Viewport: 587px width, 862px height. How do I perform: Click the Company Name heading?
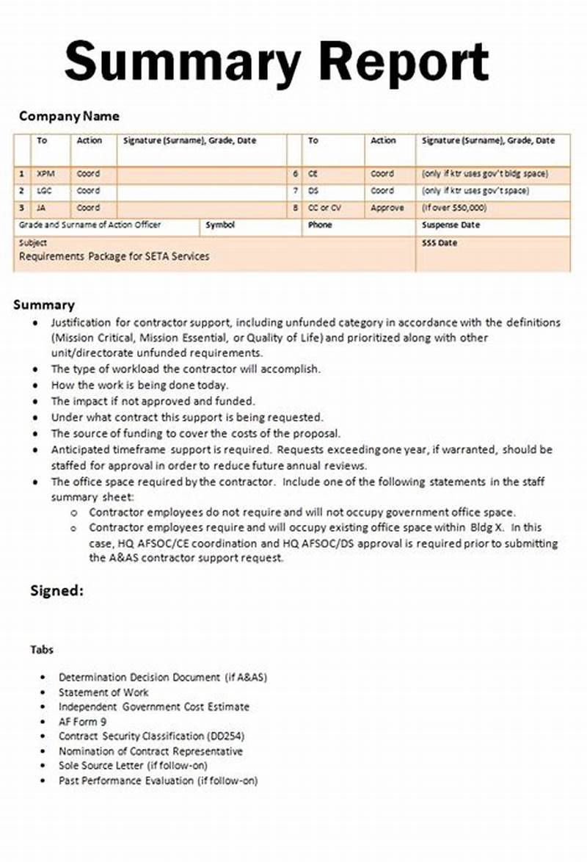pyautogui.click(x=69, y=116)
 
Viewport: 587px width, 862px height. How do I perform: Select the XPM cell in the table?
pyautogui.click(x=45, y=174)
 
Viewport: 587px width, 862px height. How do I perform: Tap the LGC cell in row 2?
pyautogui.click(x=45, y=191)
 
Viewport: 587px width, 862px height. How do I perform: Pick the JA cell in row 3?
pyautogui.click(x=42, y=208)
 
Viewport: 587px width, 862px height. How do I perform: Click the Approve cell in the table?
pyautogui.click(x=387, y=208)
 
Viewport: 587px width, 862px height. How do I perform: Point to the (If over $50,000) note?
pyautogui.click(x=453, y=208)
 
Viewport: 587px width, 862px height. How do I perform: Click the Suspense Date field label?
pyautogui.click(x=451, y=225)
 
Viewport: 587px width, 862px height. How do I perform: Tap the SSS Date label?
pyautogui.click(x=439, y=242)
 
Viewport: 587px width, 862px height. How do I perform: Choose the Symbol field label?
pyautogui.click(x=220, y=225)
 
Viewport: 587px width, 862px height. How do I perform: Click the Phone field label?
pyautogui.click(x=320, y=225)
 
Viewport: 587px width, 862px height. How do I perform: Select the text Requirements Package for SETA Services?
pyautogui.click(x=114, y=256)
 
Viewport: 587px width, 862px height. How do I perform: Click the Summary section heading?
pyautogui.click(x=44, y=305)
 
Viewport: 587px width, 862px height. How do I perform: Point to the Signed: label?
pyautogui.click(x=56, y=590)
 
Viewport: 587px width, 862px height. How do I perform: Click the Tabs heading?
pyautogui.click(x=42, y=650)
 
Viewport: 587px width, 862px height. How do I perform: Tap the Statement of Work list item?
pyautogui.click(x=103, y=692)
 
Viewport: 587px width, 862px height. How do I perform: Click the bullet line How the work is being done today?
pyautogui.click(x=139, y=385)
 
